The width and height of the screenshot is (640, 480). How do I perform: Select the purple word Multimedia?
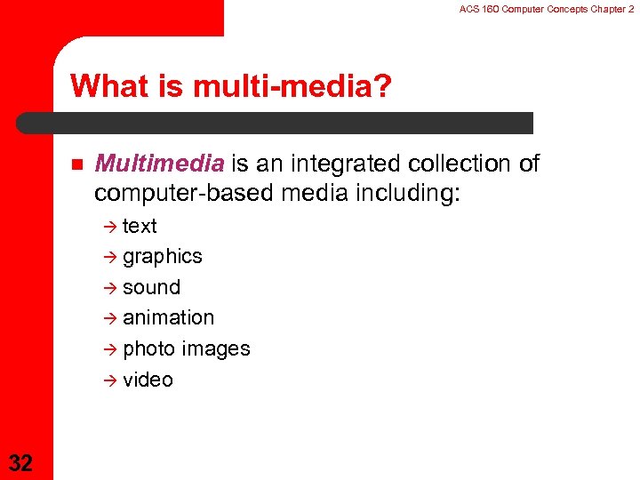pos(159,164)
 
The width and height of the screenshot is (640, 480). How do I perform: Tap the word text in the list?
pos(140,226)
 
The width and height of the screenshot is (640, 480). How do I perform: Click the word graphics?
pos(163,257)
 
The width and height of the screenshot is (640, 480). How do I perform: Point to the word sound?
pos(151,287)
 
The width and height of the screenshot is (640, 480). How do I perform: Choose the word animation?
pos(168,317)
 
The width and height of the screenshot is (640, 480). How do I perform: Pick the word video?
pos(148,380)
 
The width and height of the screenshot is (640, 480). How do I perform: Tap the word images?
pos(216,348)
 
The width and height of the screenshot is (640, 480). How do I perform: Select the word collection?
pos(459,164)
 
